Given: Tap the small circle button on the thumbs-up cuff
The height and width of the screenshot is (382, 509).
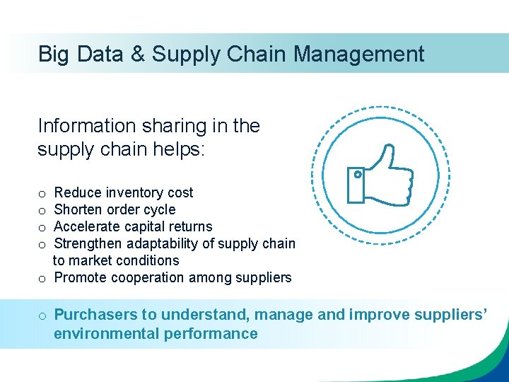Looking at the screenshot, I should click(358, 174).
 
